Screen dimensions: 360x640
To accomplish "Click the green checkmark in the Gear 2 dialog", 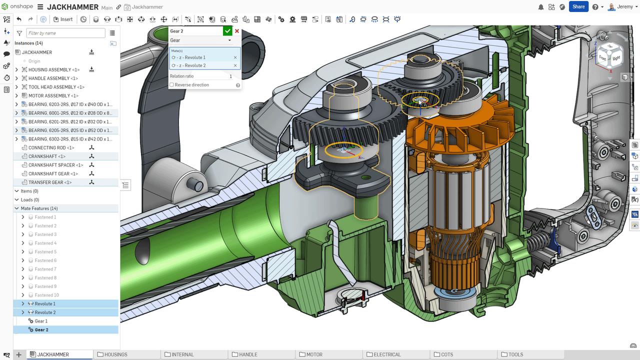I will point(227,31).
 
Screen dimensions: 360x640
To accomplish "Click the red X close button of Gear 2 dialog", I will point(237,31).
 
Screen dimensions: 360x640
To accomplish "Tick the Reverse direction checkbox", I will point(172,85).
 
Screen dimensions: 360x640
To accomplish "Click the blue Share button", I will point(578,6).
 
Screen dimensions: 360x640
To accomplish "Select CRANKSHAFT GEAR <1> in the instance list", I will point(52,173).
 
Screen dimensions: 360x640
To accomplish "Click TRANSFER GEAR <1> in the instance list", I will point(50,182).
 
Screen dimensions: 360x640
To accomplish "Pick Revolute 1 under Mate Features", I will point(45,304).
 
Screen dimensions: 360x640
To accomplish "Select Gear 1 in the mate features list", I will point(41,321).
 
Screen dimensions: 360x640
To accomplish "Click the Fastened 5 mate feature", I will point(45,252).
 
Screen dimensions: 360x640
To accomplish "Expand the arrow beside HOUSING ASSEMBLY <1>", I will point(16,70).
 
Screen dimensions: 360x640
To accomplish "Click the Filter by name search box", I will point(65,33).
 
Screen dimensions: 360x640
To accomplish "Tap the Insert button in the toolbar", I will point(63,19).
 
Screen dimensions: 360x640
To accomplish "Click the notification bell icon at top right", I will point(541,7).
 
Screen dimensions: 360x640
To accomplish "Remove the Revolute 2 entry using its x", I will point(235,65).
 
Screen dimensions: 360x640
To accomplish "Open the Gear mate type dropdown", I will point(200,40).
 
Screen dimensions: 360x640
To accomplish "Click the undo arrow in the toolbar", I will point(19,19).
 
